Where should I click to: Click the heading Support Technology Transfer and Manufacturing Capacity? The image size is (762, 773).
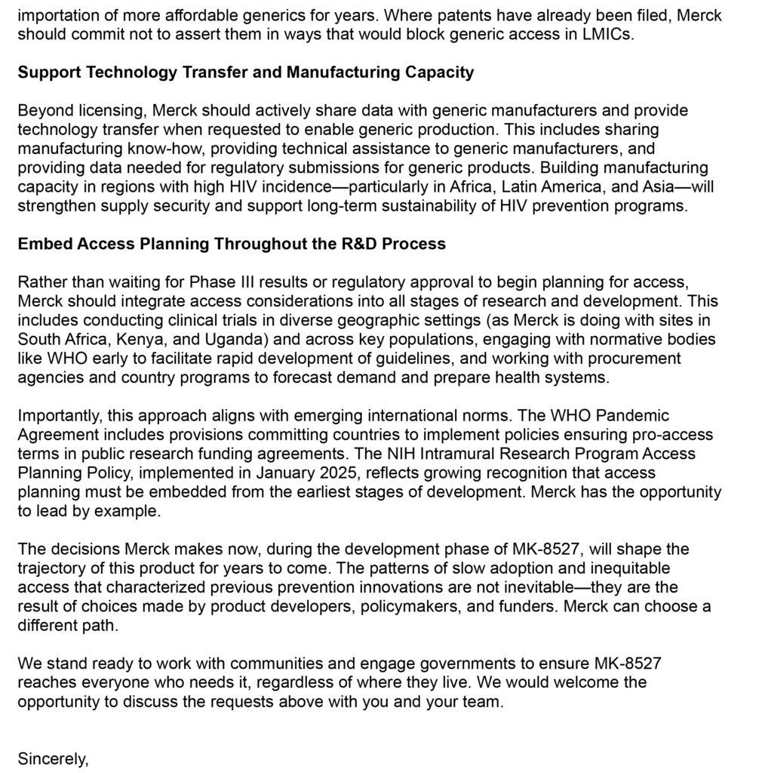click(245, 72)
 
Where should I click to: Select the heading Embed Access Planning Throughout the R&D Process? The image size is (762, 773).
click(232, 244)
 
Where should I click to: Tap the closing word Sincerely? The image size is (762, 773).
click(53, 759)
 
